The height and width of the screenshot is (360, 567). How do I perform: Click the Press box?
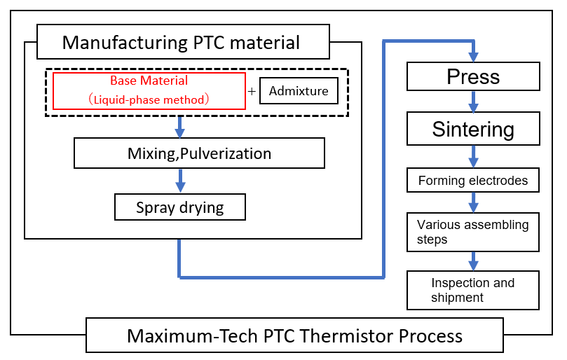point(473,76)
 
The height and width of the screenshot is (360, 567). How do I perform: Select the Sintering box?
point(473,130)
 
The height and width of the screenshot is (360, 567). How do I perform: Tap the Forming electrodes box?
point(473,181)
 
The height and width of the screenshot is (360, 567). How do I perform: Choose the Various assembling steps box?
point(473,232)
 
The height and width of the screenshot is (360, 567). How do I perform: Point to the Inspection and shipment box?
point(473,290)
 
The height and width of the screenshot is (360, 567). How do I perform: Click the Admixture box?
point(299,91)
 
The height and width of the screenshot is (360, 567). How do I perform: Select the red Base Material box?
point(149,90)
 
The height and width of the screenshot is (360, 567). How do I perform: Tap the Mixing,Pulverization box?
point(199,153)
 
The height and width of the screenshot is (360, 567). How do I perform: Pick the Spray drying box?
point(180,207)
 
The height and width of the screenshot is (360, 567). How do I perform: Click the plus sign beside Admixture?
point(252,92)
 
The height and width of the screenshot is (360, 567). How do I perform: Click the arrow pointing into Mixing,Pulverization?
point(180,127)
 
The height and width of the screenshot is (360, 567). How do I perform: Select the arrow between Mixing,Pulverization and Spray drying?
point(180,181)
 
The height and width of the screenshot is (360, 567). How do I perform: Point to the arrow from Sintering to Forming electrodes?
point(474,157)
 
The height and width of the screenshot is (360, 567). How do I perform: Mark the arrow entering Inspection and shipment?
point(474,262)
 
